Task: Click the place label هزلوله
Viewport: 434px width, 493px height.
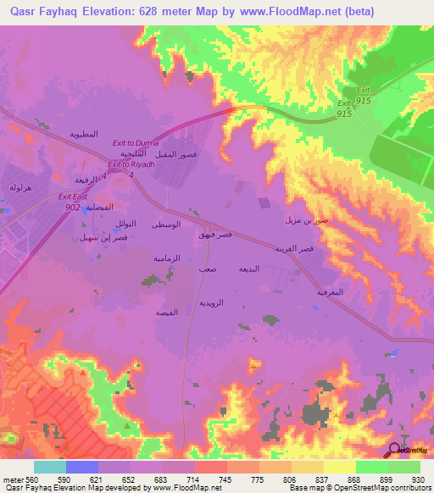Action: pos(20,186)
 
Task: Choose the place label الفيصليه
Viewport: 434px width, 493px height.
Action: pos(88,208)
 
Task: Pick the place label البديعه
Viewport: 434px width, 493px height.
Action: pos(258,269)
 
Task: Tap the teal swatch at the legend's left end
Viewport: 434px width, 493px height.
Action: pos(49,467)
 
